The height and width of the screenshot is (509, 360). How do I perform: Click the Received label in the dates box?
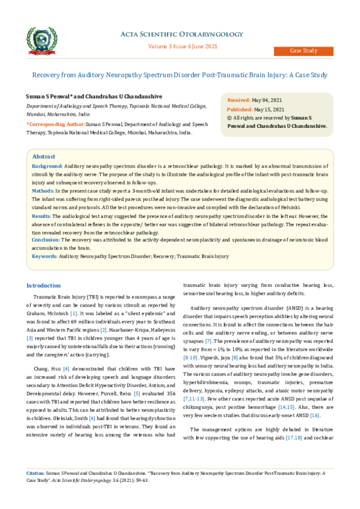(x=239, y=100)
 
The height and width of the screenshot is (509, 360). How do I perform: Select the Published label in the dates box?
(x=240, y=109)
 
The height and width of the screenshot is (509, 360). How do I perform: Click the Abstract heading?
(x=43, y=155)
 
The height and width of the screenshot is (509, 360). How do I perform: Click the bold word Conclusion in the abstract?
(x=46, y=239)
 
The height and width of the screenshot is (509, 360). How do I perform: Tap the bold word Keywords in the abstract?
(x=44, y=256)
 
